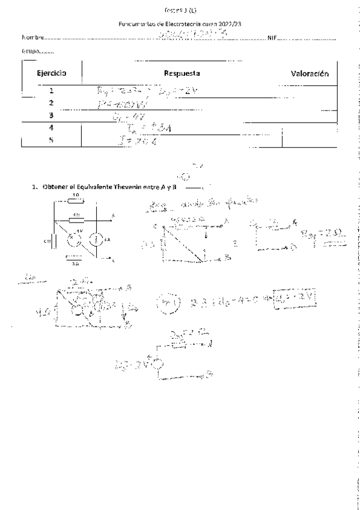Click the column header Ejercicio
51,73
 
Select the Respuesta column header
182,73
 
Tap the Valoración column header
310,73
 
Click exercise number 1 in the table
51,92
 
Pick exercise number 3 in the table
51,114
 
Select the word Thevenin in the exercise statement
123,188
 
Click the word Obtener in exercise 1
55,188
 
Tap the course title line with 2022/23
183,24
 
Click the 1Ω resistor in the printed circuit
75,201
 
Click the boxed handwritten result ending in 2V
296,299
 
